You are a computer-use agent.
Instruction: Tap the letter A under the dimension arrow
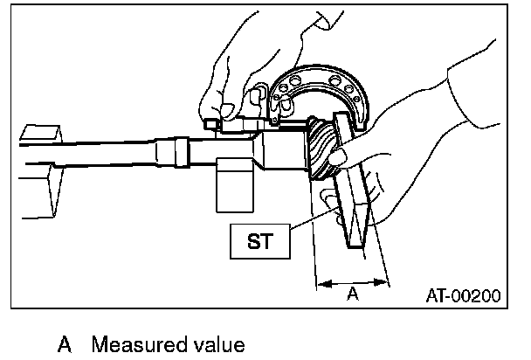[x=352, y=294]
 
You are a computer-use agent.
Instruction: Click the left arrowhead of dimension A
[x=319, y=282]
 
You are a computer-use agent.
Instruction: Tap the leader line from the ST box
[x=301, y=226]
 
